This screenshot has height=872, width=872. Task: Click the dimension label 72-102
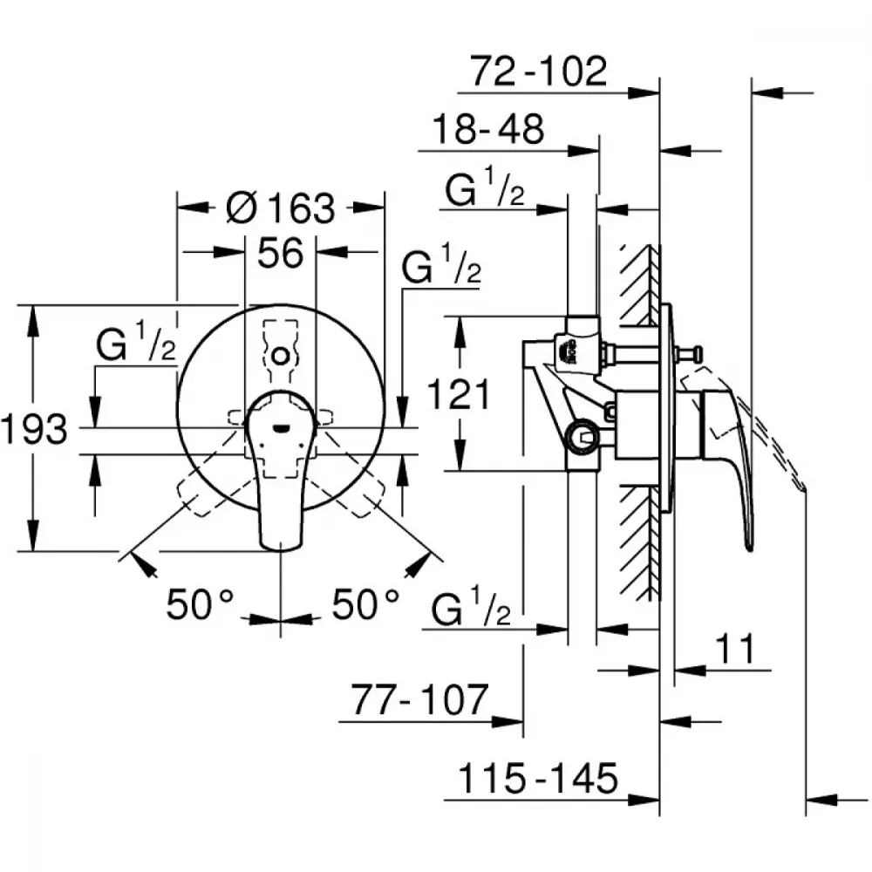(x=538, y=71)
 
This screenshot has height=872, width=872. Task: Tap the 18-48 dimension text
(x=487, y=129)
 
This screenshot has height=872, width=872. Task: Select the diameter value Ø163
(x=281, y=208)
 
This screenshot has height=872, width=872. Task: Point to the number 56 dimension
(x=281, y=253)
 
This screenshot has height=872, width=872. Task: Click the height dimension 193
(x=35, y=429)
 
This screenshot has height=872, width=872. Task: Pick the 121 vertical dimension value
(x=459, y=394)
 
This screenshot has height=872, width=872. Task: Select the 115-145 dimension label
(x=538, y=778)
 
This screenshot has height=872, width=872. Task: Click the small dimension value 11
(x=734, y=649)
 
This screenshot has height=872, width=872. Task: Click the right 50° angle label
(x=366, y=604)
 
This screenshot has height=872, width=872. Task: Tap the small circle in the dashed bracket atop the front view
(x=281, y=355)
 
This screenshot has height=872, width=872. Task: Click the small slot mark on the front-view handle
(x=281, y=428)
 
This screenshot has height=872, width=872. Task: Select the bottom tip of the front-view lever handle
(x=281, y=550)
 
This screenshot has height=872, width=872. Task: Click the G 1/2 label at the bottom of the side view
(x=471, y=606)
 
